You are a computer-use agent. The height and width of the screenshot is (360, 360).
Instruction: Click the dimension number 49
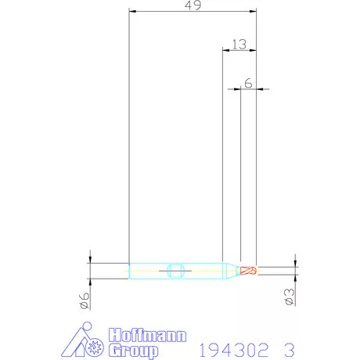193,6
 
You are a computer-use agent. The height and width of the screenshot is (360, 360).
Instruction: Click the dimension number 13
239,45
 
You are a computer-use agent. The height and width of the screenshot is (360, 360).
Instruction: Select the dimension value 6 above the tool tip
247,82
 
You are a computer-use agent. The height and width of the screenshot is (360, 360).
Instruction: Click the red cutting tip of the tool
248,271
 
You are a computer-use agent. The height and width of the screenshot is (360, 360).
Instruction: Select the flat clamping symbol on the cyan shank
175,271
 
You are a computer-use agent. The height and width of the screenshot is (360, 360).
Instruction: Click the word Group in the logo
134,350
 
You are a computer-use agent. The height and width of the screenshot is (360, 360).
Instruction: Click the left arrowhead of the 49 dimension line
132,13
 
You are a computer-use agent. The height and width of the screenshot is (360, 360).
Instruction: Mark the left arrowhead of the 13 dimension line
226,51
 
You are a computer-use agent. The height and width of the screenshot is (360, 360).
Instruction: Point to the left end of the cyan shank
130,271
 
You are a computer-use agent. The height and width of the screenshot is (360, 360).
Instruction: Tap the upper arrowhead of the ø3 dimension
295,265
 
